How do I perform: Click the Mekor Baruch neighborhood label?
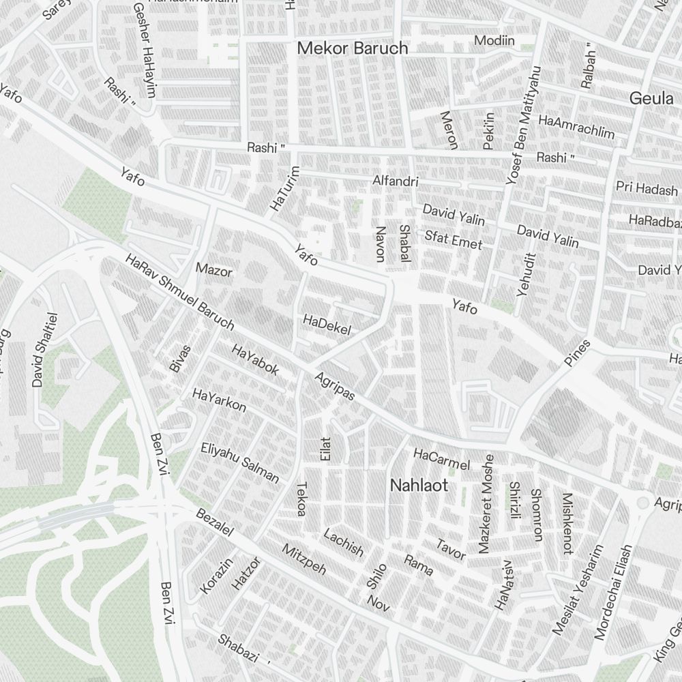(353, 48)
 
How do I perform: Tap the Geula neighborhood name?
(651, 98)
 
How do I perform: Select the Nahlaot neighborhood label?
(419, 486)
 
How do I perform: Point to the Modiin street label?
(494, 41)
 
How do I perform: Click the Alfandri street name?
(395, 182)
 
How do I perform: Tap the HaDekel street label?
(327, 325)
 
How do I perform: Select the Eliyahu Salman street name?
(240, 462)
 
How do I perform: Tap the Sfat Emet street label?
(453, 239)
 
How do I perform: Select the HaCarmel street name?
(442, 459)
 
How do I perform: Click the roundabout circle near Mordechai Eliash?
(642, 503)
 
